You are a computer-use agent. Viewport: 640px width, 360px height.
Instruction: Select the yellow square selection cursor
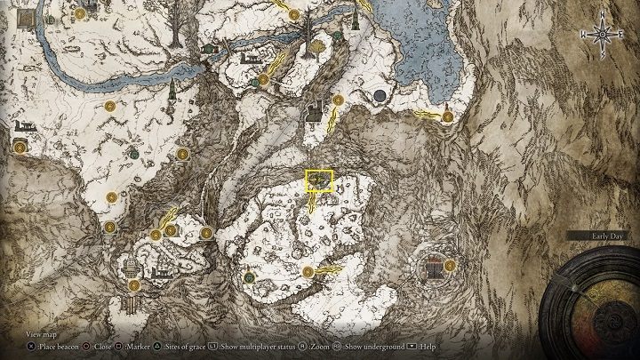[319, 181]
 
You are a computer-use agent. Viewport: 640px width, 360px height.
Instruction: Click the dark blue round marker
[380, 94]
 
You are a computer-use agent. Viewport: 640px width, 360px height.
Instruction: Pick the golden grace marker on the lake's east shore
[448, 116]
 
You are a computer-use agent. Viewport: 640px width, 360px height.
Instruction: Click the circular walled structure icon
[434, 265]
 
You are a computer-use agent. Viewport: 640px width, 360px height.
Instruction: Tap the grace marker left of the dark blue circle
[337, 100]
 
